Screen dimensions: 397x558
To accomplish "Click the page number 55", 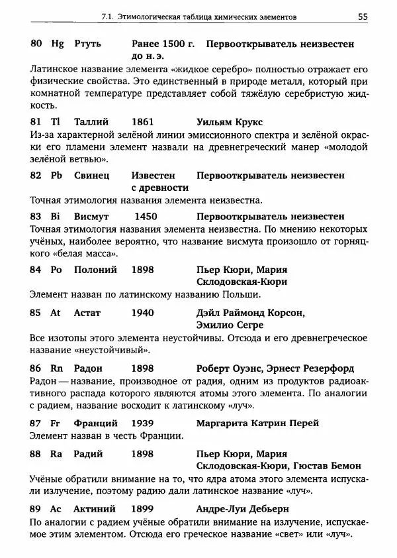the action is [363, 16].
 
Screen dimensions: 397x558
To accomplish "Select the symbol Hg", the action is [58, 44].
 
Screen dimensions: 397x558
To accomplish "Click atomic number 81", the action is [36, 122].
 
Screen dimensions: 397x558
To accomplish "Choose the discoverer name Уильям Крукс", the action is [230, 122].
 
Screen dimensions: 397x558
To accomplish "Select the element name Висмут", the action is [95, 216].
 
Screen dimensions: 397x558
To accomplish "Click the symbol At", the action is [56, 311].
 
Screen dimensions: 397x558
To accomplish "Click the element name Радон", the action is [91, 368].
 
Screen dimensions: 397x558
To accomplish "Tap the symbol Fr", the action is [56, 423].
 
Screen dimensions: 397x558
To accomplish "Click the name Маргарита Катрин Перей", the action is [258, 423].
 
